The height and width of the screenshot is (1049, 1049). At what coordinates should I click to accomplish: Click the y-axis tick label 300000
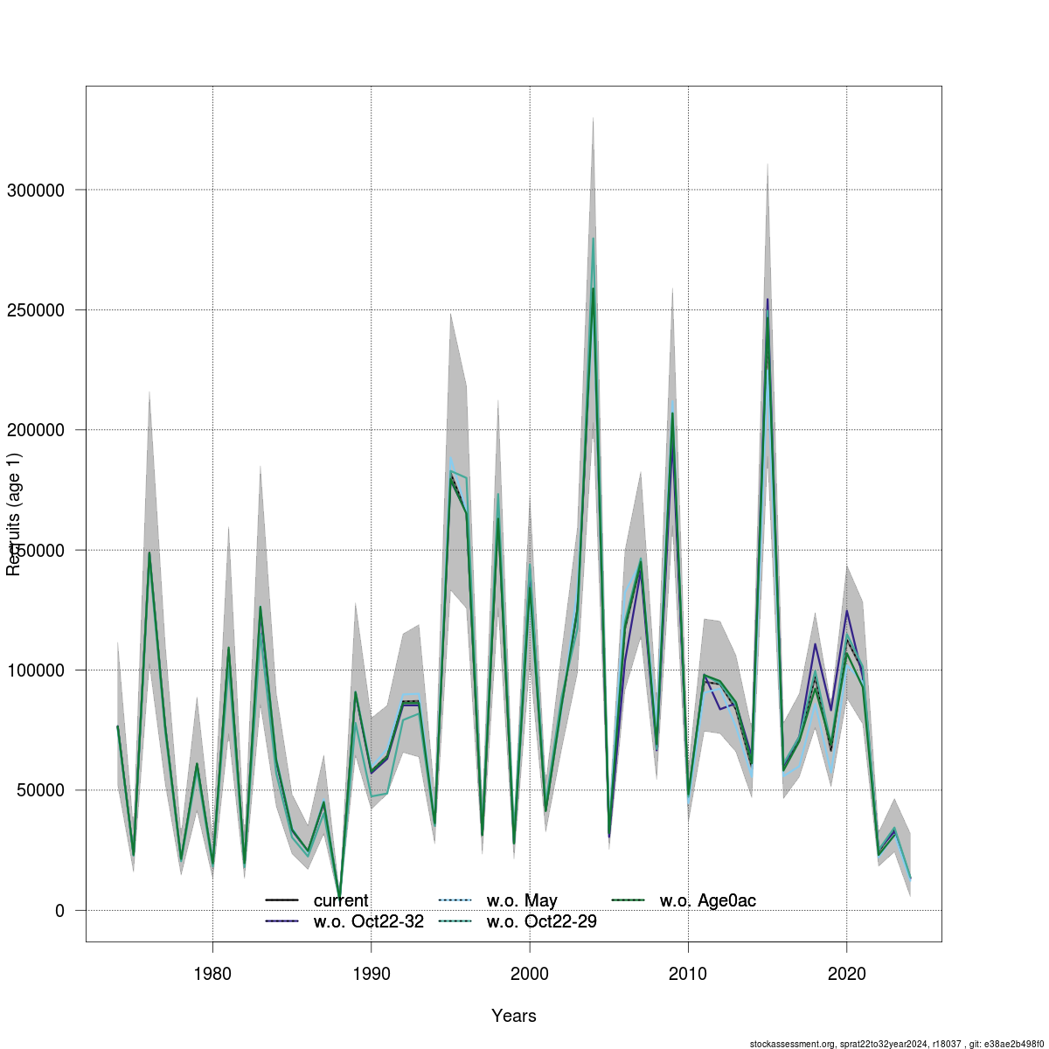pyautogui.click(x=41, y=190)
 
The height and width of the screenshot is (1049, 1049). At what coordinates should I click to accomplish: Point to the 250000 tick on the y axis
pyautogui.click(x=41, y=310)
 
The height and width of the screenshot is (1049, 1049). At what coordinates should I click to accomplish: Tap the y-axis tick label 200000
pyautogui.click(x=41, y=430)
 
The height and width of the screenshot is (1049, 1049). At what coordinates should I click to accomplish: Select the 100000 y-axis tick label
pyautogui.click(x=41, y=670)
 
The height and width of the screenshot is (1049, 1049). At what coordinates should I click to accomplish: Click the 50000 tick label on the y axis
pyautogui.click(x=45, y=790)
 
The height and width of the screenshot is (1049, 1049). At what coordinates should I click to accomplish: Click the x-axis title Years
pyautogui.click(x=514, y=1016)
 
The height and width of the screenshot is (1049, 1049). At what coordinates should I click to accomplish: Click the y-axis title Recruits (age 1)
pyautogui.click(x=14, y=514)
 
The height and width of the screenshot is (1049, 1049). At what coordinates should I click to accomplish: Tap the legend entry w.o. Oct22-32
pyautogui.click(x=368, y=921)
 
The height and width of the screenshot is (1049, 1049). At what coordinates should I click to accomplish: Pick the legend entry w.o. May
pyautogui.click(x=522, y=900)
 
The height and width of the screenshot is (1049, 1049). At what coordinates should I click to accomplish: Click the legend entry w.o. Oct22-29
pyautogui.click(x=541, y=921)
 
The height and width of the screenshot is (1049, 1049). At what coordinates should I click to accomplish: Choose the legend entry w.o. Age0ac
pyautogui.click(x=707, y=900)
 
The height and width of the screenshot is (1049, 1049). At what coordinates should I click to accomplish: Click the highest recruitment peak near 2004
pyautogui.click(x=593, y=238)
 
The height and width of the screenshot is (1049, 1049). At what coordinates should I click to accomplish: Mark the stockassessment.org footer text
pyautogui.click(x=897, y=1044)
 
